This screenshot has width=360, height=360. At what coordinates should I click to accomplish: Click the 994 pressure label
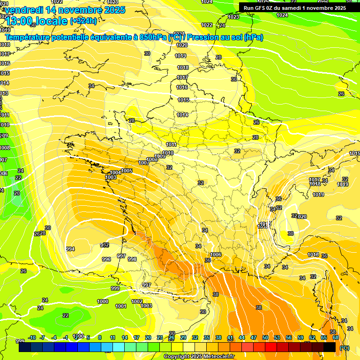point(70,249)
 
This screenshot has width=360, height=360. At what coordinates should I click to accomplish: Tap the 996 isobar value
point(106,259)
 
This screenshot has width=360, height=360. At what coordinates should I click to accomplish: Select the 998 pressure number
point(132,259)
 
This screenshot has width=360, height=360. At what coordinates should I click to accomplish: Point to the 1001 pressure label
point(121,306)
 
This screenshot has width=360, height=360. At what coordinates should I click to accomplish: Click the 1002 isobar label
point(137,301)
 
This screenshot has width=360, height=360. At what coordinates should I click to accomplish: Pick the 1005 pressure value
point(127,171)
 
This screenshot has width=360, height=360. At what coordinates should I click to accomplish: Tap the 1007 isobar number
point(144,163)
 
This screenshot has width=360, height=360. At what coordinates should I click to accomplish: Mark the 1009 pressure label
point(160,156)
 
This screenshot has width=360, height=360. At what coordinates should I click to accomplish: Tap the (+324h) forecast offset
point(83,21)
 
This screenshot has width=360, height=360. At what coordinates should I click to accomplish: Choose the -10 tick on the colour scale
point(32,337)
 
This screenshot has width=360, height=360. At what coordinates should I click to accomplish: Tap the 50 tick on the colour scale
point(265,337)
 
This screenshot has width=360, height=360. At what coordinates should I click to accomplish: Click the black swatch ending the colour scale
point(330,347)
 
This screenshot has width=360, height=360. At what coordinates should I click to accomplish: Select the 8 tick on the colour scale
point(100,337)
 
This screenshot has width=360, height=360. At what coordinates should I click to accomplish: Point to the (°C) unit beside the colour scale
point(345,347)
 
